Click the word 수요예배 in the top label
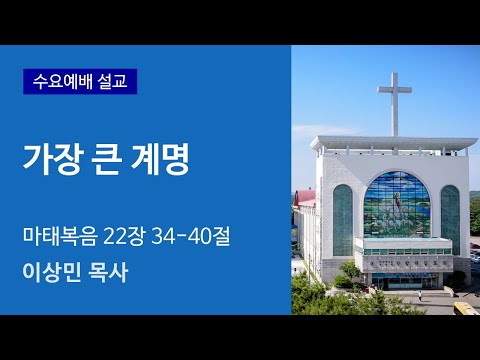[62, 81]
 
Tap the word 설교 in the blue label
[114, 81]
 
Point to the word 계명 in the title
[146, 160]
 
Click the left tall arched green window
[343, 219]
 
